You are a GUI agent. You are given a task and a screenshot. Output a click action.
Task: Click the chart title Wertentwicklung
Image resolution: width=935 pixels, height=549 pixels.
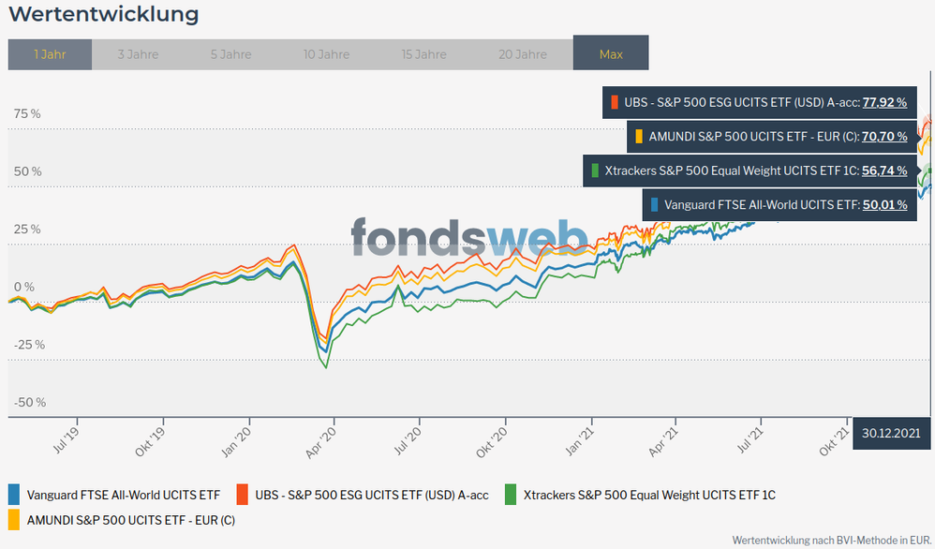103,15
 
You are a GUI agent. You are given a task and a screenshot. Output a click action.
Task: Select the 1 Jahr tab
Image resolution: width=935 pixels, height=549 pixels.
50,54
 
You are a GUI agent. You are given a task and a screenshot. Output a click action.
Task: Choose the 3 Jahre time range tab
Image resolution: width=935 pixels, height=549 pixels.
138,54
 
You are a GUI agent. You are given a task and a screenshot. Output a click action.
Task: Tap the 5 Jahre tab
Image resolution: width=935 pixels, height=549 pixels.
230,54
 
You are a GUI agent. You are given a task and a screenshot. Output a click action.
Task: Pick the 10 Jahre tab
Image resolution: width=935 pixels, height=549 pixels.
326,54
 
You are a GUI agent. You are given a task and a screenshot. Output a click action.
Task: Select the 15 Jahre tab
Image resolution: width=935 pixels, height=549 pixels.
423,54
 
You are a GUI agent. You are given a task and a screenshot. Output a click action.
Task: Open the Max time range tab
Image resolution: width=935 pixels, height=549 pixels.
611,54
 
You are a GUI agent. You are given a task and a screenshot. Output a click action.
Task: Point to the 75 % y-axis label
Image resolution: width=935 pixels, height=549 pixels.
27,113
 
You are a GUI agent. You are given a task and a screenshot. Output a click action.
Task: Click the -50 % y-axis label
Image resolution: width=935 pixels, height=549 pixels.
29,402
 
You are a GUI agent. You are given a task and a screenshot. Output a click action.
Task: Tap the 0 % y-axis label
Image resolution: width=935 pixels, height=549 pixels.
23,287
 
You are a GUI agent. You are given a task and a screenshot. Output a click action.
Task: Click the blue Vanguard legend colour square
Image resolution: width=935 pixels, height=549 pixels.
14,494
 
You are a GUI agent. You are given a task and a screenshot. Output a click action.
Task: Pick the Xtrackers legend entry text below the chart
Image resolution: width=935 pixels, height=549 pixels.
649,495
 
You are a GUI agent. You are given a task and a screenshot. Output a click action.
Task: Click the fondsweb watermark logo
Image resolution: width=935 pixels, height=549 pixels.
469,237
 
